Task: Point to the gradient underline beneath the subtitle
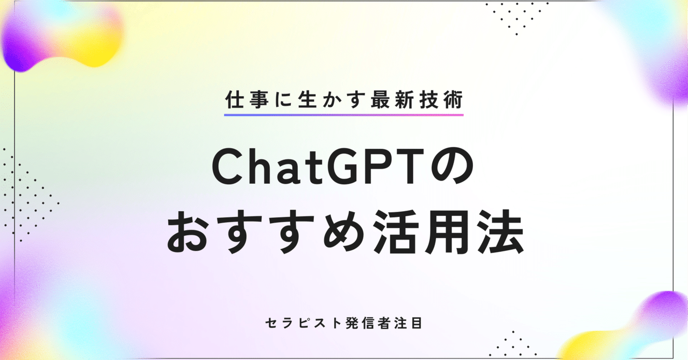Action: (x=343, y=114)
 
